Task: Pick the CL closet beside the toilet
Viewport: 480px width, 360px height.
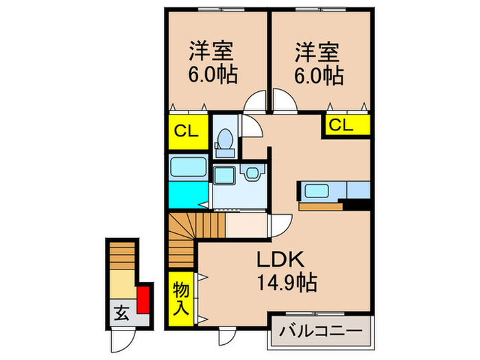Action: [x=187, y=132]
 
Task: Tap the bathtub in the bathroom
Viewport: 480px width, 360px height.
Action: [x=188, y=167]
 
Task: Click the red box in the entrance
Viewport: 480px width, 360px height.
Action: [x=143, y=299]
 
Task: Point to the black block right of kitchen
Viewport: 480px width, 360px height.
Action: [x=357, y=204]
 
